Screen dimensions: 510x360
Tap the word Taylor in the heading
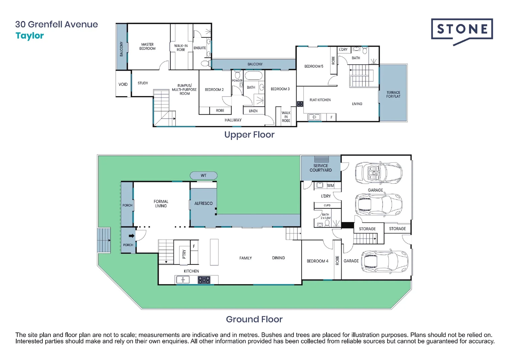click(30, 36)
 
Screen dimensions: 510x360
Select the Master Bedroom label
click(147, 46)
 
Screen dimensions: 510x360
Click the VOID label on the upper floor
click(123, 84)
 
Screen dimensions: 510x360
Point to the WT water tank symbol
click(203, 175)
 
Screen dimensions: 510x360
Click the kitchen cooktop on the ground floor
click(204, 280)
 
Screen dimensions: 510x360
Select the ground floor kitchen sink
click(183, 279)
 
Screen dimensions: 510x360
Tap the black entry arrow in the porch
click(132, 236)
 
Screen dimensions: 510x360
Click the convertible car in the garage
click(378, 173)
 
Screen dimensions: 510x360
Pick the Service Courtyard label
click(321, 168)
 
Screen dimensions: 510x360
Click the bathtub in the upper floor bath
click(253, 76)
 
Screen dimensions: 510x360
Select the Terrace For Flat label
click(393, 94)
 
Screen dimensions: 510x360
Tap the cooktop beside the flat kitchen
click(300, 104)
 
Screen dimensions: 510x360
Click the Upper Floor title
click(249, 135)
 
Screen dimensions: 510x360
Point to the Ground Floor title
click(254, 319)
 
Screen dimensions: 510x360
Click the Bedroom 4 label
click(318, 261)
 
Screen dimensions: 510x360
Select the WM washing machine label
click(330, 185)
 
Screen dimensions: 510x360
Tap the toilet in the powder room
click(237, 74)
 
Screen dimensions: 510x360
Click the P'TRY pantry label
click(184, 254)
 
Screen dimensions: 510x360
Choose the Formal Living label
click(161, 204)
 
